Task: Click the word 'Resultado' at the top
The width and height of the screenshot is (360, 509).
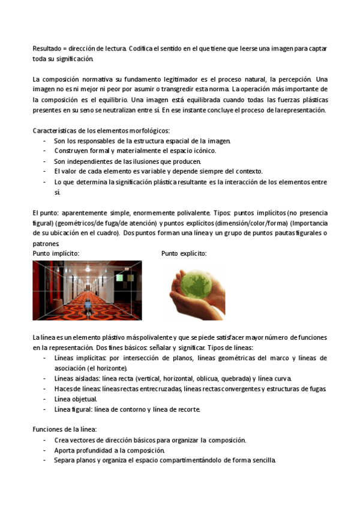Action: click(x=46, y=48)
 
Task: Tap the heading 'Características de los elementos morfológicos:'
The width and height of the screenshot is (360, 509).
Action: click(x=101, y=130)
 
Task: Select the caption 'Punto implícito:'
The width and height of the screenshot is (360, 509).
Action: click(x=56, y=253)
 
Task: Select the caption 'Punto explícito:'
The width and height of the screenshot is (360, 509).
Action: click(x=184, y=253)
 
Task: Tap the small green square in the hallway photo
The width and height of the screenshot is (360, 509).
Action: click(x=119, y=278)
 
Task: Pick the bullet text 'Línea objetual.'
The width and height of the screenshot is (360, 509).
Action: click(x=76, y=399)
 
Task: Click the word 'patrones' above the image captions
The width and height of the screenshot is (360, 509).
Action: click(x=46, y=244)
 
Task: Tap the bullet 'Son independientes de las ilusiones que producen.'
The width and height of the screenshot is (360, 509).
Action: click(x=128, y=161)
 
